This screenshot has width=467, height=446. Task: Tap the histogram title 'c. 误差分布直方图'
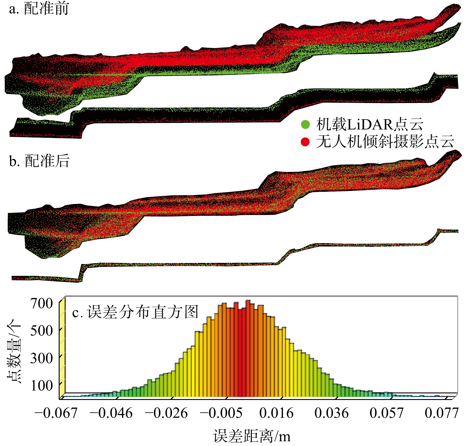[135, 312]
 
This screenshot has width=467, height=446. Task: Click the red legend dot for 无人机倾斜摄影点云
[305, 142]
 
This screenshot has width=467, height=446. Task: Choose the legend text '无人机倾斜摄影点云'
[385, 142]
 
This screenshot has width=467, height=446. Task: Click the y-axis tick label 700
[42, 303]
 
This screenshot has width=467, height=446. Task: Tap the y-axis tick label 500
[42, 331]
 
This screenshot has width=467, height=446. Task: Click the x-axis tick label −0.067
[56, 413]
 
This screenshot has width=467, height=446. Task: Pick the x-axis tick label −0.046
[111, 413]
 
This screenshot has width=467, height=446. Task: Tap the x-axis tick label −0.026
[166, 413]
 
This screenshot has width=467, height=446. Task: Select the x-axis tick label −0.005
[221, 413]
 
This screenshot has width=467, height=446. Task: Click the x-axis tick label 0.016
[276, 413]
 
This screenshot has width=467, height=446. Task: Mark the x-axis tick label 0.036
[331, 413]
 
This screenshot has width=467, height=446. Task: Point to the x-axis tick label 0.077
[442, 413]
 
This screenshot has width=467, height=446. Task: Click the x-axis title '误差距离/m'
[252, 436]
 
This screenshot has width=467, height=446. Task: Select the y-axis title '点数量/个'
[14, 351]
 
